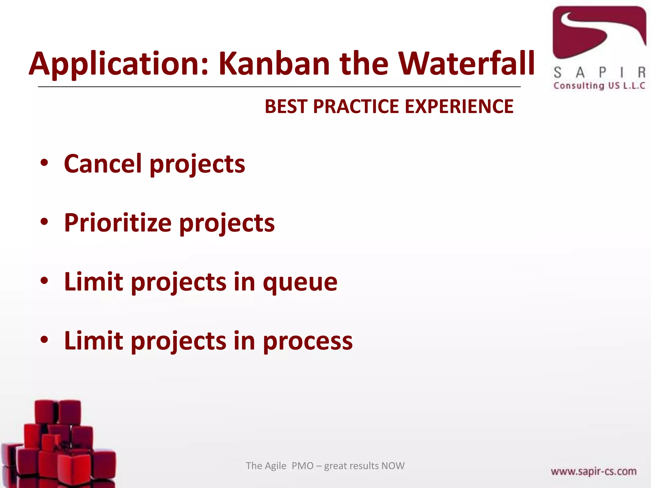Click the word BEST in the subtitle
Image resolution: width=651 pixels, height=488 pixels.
click(285, 106)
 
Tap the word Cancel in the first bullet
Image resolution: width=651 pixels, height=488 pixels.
click(103, 164)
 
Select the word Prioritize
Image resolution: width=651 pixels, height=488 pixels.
click(118, 223)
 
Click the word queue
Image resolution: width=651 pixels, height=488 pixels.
click(300, 282)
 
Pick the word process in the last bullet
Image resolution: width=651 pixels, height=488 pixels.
click(307, 341)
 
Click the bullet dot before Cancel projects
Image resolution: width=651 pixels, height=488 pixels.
click(44, 163)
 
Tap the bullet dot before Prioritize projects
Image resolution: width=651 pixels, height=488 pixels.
click(44, 222)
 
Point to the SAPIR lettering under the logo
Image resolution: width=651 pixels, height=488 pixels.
click(599, 73)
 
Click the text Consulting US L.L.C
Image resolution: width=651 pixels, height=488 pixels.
click(599, 86)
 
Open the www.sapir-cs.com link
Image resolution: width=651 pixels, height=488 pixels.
click(593, 471)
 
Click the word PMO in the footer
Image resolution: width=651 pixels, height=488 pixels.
click(302, 466)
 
